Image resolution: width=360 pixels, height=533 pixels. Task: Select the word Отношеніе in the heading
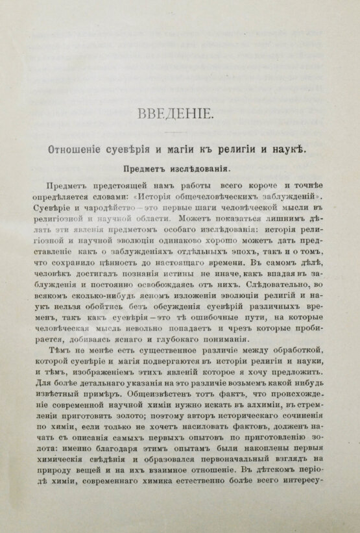75,150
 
